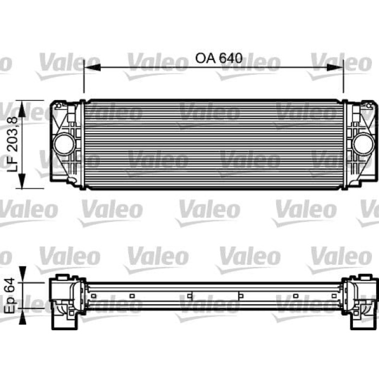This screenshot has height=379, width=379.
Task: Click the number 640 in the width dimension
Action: click(230, 58)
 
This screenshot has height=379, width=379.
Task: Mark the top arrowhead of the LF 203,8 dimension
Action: click(22, 104)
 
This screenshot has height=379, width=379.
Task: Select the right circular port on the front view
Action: click(362, 144)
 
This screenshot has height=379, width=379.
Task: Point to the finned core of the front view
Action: click(214, 144)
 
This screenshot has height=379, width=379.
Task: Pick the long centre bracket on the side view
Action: click(215, 296)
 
